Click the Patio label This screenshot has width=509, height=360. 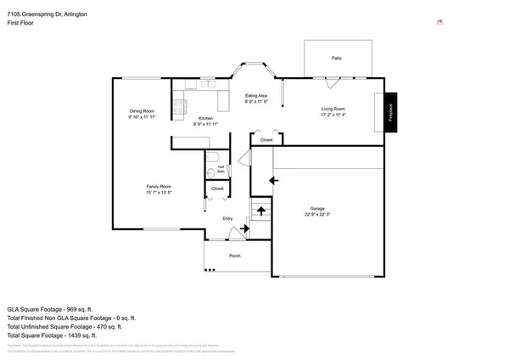pyautogui.click(x=337, y=58)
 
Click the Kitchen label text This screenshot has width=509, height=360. pyautogui.click(x=206, y=118)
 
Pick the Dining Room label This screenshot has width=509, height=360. pyautogui.click(x=142, y=111)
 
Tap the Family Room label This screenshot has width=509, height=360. pyautogui.click(x=159, y=186)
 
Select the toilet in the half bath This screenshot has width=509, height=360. pyautogui.click(x=212, y=156)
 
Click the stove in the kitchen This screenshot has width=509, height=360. pyautogui.click(x=180, y=106)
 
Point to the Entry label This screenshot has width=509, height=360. pyautogui.click(x=227, y=219)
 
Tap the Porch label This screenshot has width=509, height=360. pyautogui.click(x=236, y=256)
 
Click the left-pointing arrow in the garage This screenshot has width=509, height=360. pyautogui.click(x=273, y=180)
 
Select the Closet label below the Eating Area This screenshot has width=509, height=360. pyautogui.click(x=266, y=139)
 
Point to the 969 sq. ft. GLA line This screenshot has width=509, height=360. pyautogui.click(x=60, y=309)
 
